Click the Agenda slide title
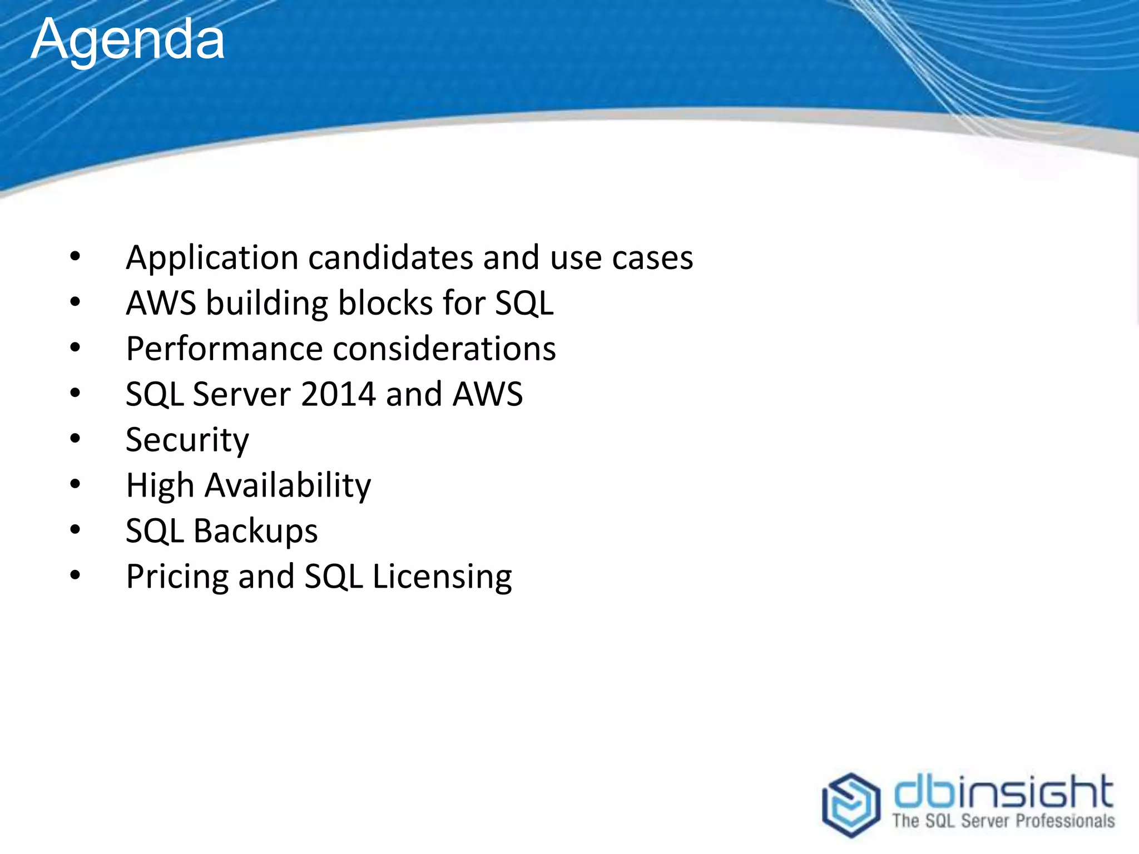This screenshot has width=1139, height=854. (x=128, y=40)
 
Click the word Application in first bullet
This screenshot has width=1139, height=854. (x=212, y=259)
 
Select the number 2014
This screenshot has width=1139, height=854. (x=338, y=394)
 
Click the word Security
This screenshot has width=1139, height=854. (x=187, y=440)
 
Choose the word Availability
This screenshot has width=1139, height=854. (x=288, y=486)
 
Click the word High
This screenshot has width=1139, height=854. (x=160, y=486)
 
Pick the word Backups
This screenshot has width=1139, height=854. (x=255, y=532)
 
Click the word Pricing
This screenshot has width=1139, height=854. (x=177, y=577)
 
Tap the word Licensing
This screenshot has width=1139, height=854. (x=442, y=577)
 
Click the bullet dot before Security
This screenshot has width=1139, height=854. (x=75, y=439)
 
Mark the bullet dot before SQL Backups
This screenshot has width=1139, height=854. (x=75, y=530)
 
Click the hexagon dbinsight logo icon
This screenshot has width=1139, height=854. (x=851, y=805)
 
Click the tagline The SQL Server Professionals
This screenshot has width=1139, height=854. (x=1003, y=821)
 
